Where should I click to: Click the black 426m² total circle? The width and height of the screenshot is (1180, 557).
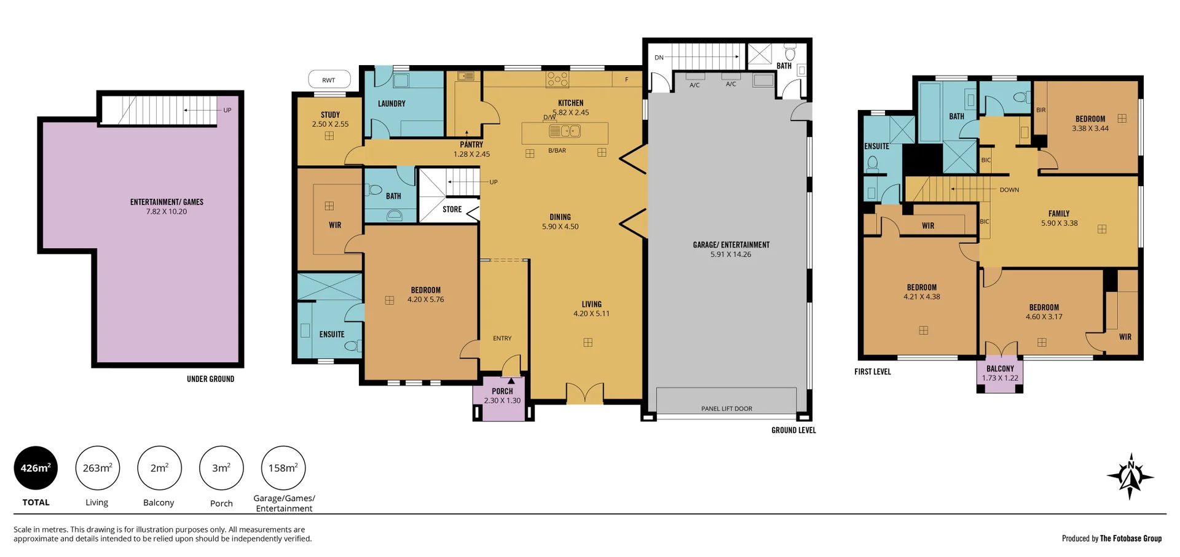(36, 468)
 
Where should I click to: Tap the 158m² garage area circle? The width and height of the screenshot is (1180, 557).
(283, 468)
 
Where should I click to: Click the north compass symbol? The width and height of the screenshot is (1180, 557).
(1130, 477)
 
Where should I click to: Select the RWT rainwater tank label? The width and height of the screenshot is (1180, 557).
(329, 80)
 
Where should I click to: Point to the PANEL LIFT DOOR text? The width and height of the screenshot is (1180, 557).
(726, 408)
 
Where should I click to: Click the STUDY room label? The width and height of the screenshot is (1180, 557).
(330, 115)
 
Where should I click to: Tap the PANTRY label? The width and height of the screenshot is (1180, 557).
(471, 145)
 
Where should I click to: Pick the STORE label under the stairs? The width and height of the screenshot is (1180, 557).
(452, 209)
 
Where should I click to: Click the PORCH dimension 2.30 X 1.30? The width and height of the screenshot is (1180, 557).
(502, 400)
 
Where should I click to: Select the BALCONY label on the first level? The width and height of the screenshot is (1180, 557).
(1000, 369)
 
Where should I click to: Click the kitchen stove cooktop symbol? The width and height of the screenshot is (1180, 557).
(557, 79)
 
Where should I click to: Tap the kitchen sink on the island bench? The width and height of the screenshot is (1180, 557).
(564, 131)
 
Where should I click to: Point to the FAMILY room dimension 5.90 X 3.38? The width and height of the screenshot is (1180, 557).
(1059, 224)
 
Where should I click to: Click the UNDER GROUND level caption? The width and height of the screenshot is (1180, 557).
(210, 379)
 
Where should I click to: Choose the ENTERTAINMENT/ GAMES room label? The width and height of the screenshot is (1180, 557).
(167, 202)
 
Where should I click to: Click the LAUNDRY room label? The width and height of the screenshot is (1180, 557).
(391, 104)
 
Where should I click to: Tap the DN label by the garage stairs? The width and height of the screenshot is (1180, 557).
(659, 58)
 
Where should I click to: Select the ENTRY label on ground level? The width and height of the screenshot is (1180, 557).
(502, 338)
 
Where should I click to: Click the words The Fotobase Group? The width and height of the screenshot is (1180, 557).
(1131, 539)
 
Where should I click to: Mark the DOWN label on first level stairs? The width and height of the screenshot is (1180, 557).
(1009, 190)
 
